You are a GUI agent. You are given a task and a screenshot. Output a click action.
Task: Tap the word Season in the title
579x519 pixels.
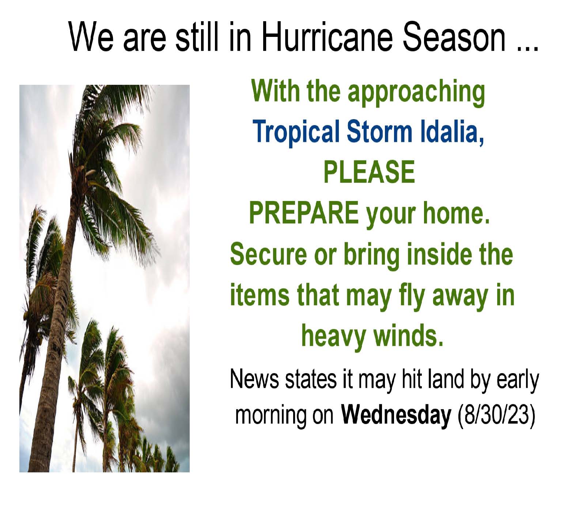[455, 37]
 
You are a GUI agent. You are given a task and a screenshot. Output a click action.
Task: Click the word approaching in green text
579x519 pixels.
[416, 92]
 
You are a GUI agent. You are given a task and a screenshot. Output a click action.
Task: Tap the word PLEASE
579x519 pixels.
[369, 171]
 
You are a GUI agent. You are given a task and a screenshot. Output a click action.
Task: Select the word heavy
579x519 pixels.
[333, 337]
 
